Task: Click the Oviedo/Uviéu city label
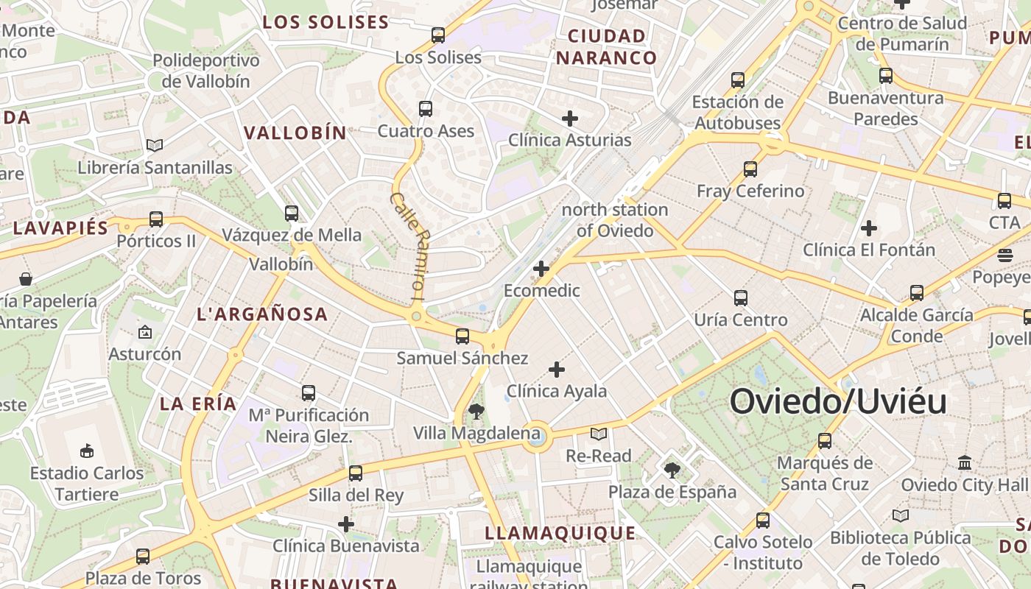tap(838, 402)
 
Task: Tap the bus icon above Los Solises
tap(438, 35)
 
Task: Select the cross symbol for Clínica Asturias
tap(569, 118)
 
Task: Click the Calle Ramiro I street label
tap(407, 245)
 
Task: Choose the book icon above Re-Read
tap(599, 434)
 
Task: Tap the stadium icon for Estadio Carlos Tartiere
tap(87, 450)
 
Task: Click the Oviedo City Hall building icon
tap(965, 463)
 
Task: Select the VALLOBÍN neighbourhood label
tap(295, 133)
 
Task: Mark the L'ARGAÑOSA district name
tap(262, 314)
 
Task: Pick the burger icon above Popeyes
tap(1005, 255)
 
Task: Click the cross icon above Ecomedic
tap(541, 269)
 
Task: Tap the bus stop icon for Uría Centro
tap(741, 298)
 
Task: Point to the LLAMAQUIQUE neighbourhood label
tap(560, 533)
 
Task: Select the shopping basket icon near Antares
tap(26, 279)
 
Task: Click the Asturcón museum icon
tap(145, 332)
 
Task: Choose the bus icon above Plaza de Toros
tap(143, 557)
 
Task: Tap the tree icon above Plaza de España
tap(672, 470)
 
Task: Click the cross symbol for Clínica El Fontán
tap(869, 228)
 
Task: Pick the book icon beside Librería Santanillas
tap(155, 145)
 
